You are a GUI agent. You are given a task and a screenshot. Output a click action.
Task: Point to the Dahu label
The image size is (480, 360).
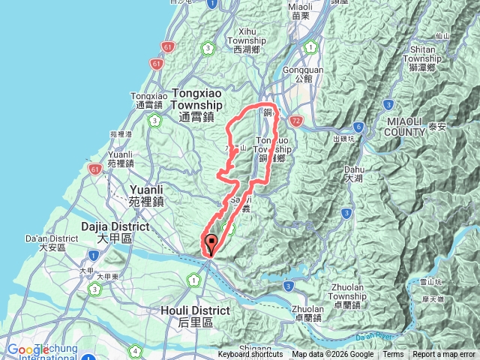(x=354, y=173)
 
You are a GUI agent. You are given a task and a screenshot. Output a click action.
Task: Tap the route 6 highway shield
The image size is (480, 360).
(x=359, y=127)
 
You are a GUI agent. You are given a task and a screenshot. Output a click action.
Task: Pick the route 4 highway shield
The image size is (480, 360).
(x=134, y=349)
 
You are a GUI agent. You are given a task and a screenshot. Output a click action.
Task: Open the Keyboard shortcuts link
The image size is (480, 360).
(x=250, y=355)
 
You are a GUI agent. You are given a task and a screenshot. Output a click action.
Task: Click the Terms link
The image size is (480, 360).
(x=393, y=355)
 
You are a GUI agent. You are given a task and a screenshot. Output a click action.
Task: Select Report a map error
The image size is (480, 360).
(x=444, y=355)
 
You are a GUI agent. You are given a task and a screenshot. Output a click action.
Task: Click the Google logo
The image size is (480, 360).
(x=28, y=349)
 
